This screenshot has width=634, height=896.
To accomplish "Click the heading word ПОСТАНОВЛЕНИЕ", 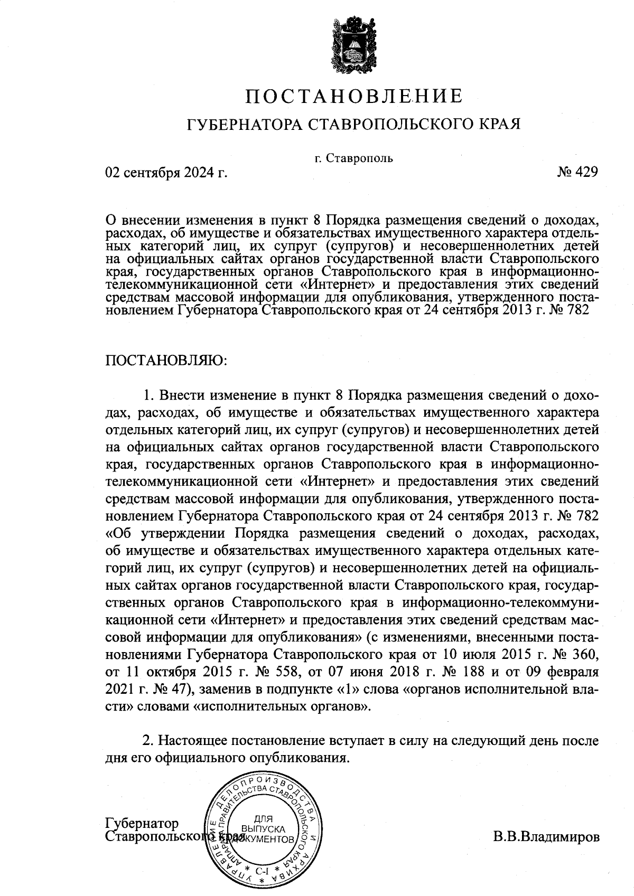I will click(354, 96).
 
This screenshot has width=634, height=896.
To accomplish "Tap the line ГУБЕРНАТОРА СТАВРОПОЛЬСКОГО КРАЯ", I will click(354, 125).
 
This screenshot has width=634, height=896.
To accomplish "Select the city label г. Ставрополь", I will click(353, 158).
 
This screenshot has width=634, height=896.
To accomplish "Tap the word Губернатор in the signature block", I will click(142, 824).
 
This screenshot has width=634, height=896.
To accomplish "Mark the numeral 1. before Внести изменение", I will click(149, 395).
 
